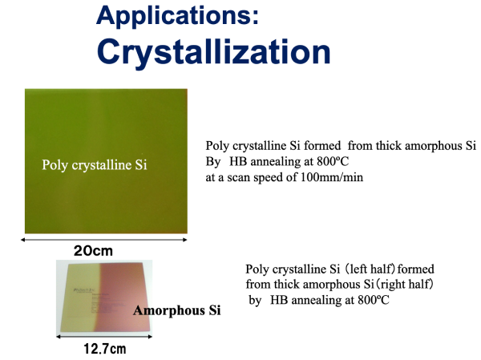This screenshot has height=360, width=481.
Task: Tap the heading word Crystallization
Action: click(x=213, y=52)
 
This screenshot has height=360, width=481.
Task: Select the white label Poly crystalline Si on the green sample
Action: click(x=95, y=165)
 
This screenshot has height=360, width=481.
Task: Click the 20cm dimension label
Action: click(x=93, y=251)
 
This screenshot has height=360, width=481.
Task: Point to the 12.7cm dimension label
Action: click(x=104, y=349)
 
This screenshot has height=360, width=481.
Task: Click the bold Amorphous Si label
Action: click(x=176, y=310)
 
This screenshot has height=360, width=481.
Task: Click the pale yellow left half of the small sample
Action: click(x=79, y=297)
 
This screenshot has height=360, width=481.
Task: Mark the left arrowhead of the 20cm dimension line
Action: click(x=22, y=240)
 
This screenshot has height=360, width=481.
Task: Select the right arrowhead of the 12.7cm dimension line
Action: click(x=150, y=337)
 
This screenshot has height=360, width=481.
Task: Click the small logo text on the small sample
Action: click(x=81, y=289)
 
